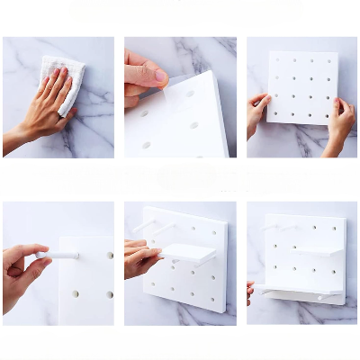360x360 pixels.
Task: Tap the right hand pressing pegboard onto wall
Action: tap(340, 121)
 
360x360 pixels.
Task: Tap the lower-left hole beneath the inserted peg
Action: tap(76, 293)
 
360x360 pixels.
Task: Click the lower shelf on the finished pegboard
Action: tap(297, 289)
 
